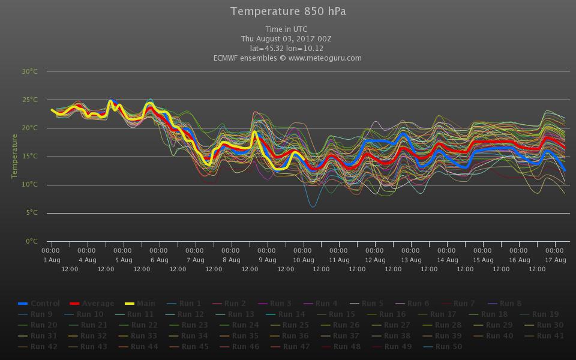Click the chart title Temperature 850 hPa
(x=288, y=11)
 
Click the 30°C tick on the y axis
(x=30, y=71)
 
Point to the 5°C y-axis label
(x=31, y=213)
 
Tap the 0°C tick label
(x=31, y=241)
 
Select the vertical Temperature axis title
(x=14, y=156)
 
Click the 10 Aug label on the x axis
(x=304, y=260)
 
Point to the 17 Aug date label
(x=556, y=260)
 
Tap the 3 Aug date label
(x=52, y=260)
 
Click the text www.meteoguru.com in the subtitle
(x=325, y=58)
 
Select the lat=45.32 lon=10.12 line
(x=288, y=49)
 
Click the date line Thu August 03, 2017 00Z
(x=288, y=39)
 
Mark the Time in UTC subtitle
(x=288, y=29)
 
